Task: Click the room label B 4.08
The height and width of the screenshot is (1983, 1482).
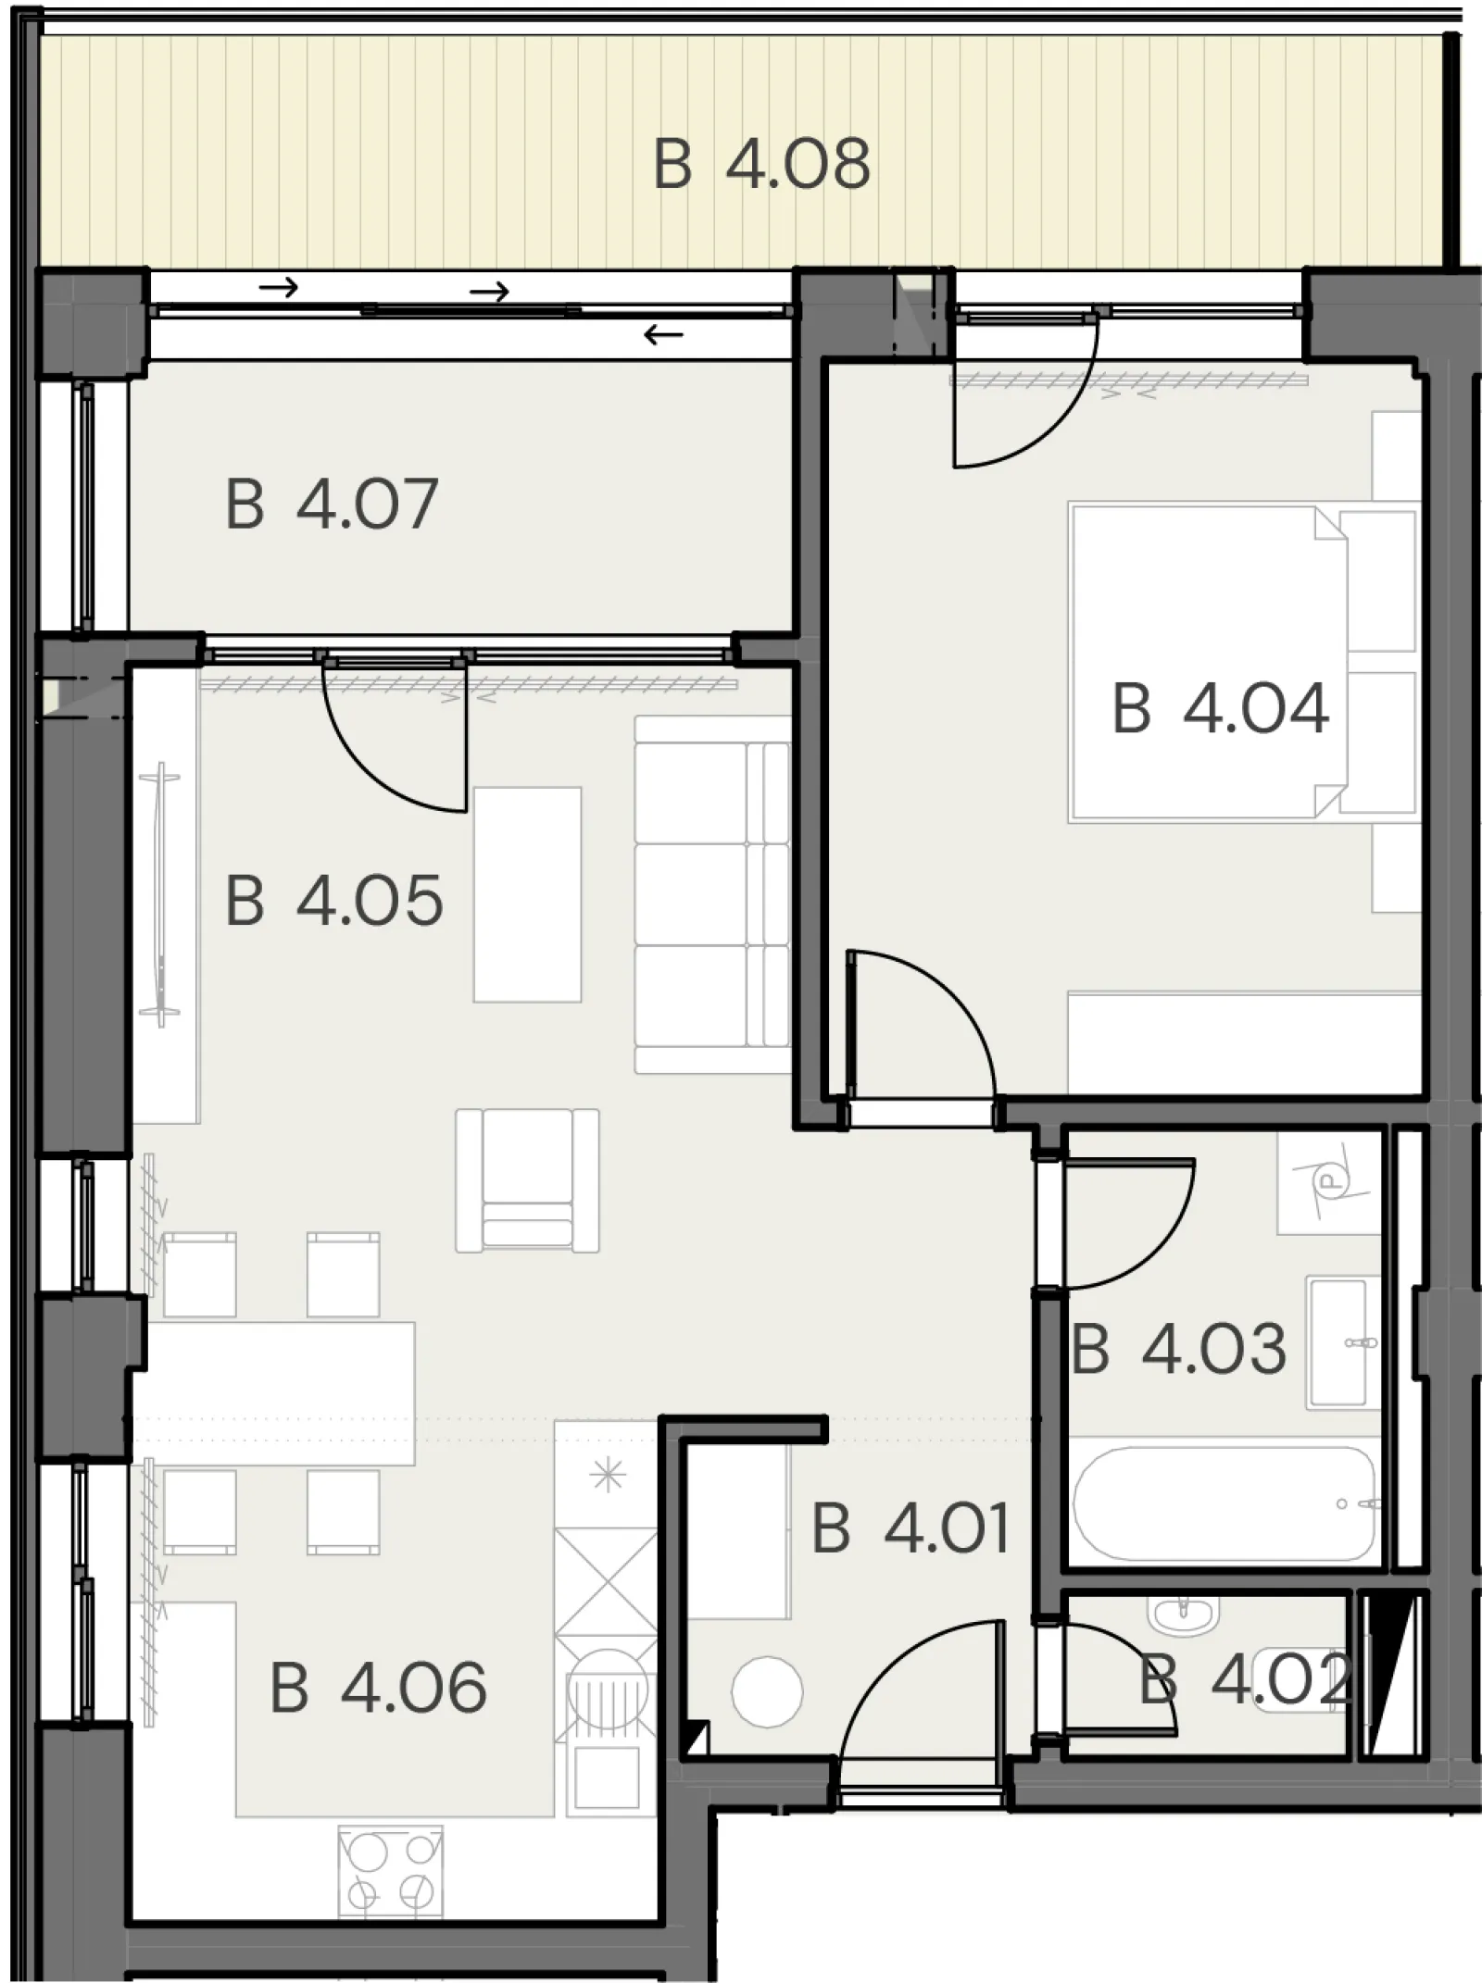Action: click(x=761, y=164)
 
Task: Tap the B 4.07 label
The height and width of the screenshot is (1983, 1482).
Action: click(x=332, y=504)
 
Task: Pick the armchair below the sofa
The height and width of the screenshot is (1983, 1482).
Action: click(x=527, y=1180)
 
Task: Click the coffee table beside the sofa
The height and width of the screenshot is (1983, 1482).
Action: click(x=527, y=894)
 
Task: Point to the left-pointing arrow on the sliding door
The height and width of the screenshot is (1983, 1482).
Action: click(x=664, y=334)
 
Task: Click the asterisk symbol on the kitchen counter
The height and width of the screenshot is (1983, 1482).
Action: click(x=608, y=1475)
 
